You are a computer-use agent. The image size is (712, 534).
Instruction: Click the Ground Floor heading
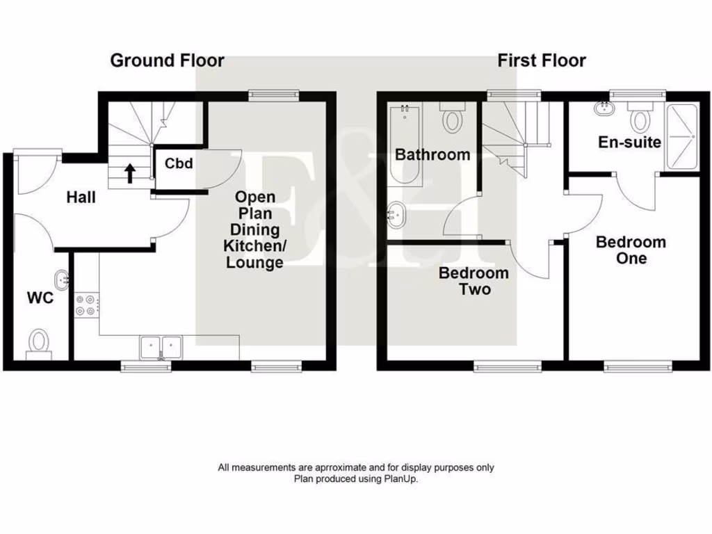(x=167, y=60)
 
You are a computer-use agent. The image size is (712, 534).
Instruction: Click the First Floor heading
(x=541, y=60)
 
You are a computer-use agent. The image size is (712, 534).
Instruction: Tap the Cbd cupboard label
(x=179, y=164)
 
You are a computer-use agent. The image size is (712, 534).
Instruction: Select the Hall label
(x=81, y=197)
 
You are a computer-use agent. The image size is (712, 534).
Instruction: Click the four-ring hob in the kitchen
(x=87, y=304)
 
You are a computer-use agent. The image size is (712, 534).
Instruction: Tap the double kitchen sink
(x=161, y=346)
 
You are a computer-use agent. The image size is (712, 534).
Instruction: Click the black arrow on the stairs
(x=130, y=172)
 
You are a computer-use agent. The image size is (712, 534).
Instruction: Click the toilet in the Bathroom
(x=453, y=118)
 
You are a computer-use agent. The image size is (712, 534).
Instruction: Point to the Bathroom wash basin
(x=396, y=216)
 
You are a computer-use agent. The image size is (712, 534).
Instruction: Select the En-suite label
(x=630, y=143)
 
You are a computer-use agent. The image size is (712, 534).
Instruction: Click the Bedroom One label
(x=631, y=250)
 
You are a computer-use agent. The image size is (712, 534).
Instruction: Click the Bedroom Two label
(x=474, y=281)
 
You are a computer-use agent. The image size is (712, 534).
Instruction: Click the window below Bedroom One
(x=638, y=365)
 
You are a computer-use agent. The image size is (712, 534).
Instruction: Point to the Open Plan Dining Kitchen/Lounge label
(x=254, y=230)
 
